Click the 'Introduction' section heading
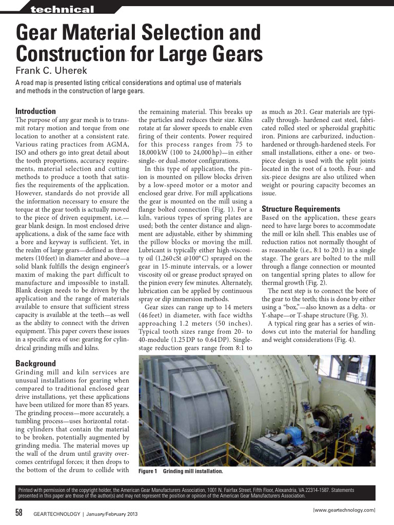pyautogui.click(x=35, y=111)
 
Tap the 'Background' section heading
pyautogui.click(x=35, y=364)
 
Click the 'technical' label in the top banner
pyautogui.click(x=62, y=10)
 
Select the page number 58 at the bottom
pyautogui.click(x=19, y=512)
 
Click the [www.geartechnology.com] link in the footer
pyautogui.click(x=344, y=510)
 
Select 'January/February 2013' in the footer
pyautogui.click(x=111, y=513)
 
